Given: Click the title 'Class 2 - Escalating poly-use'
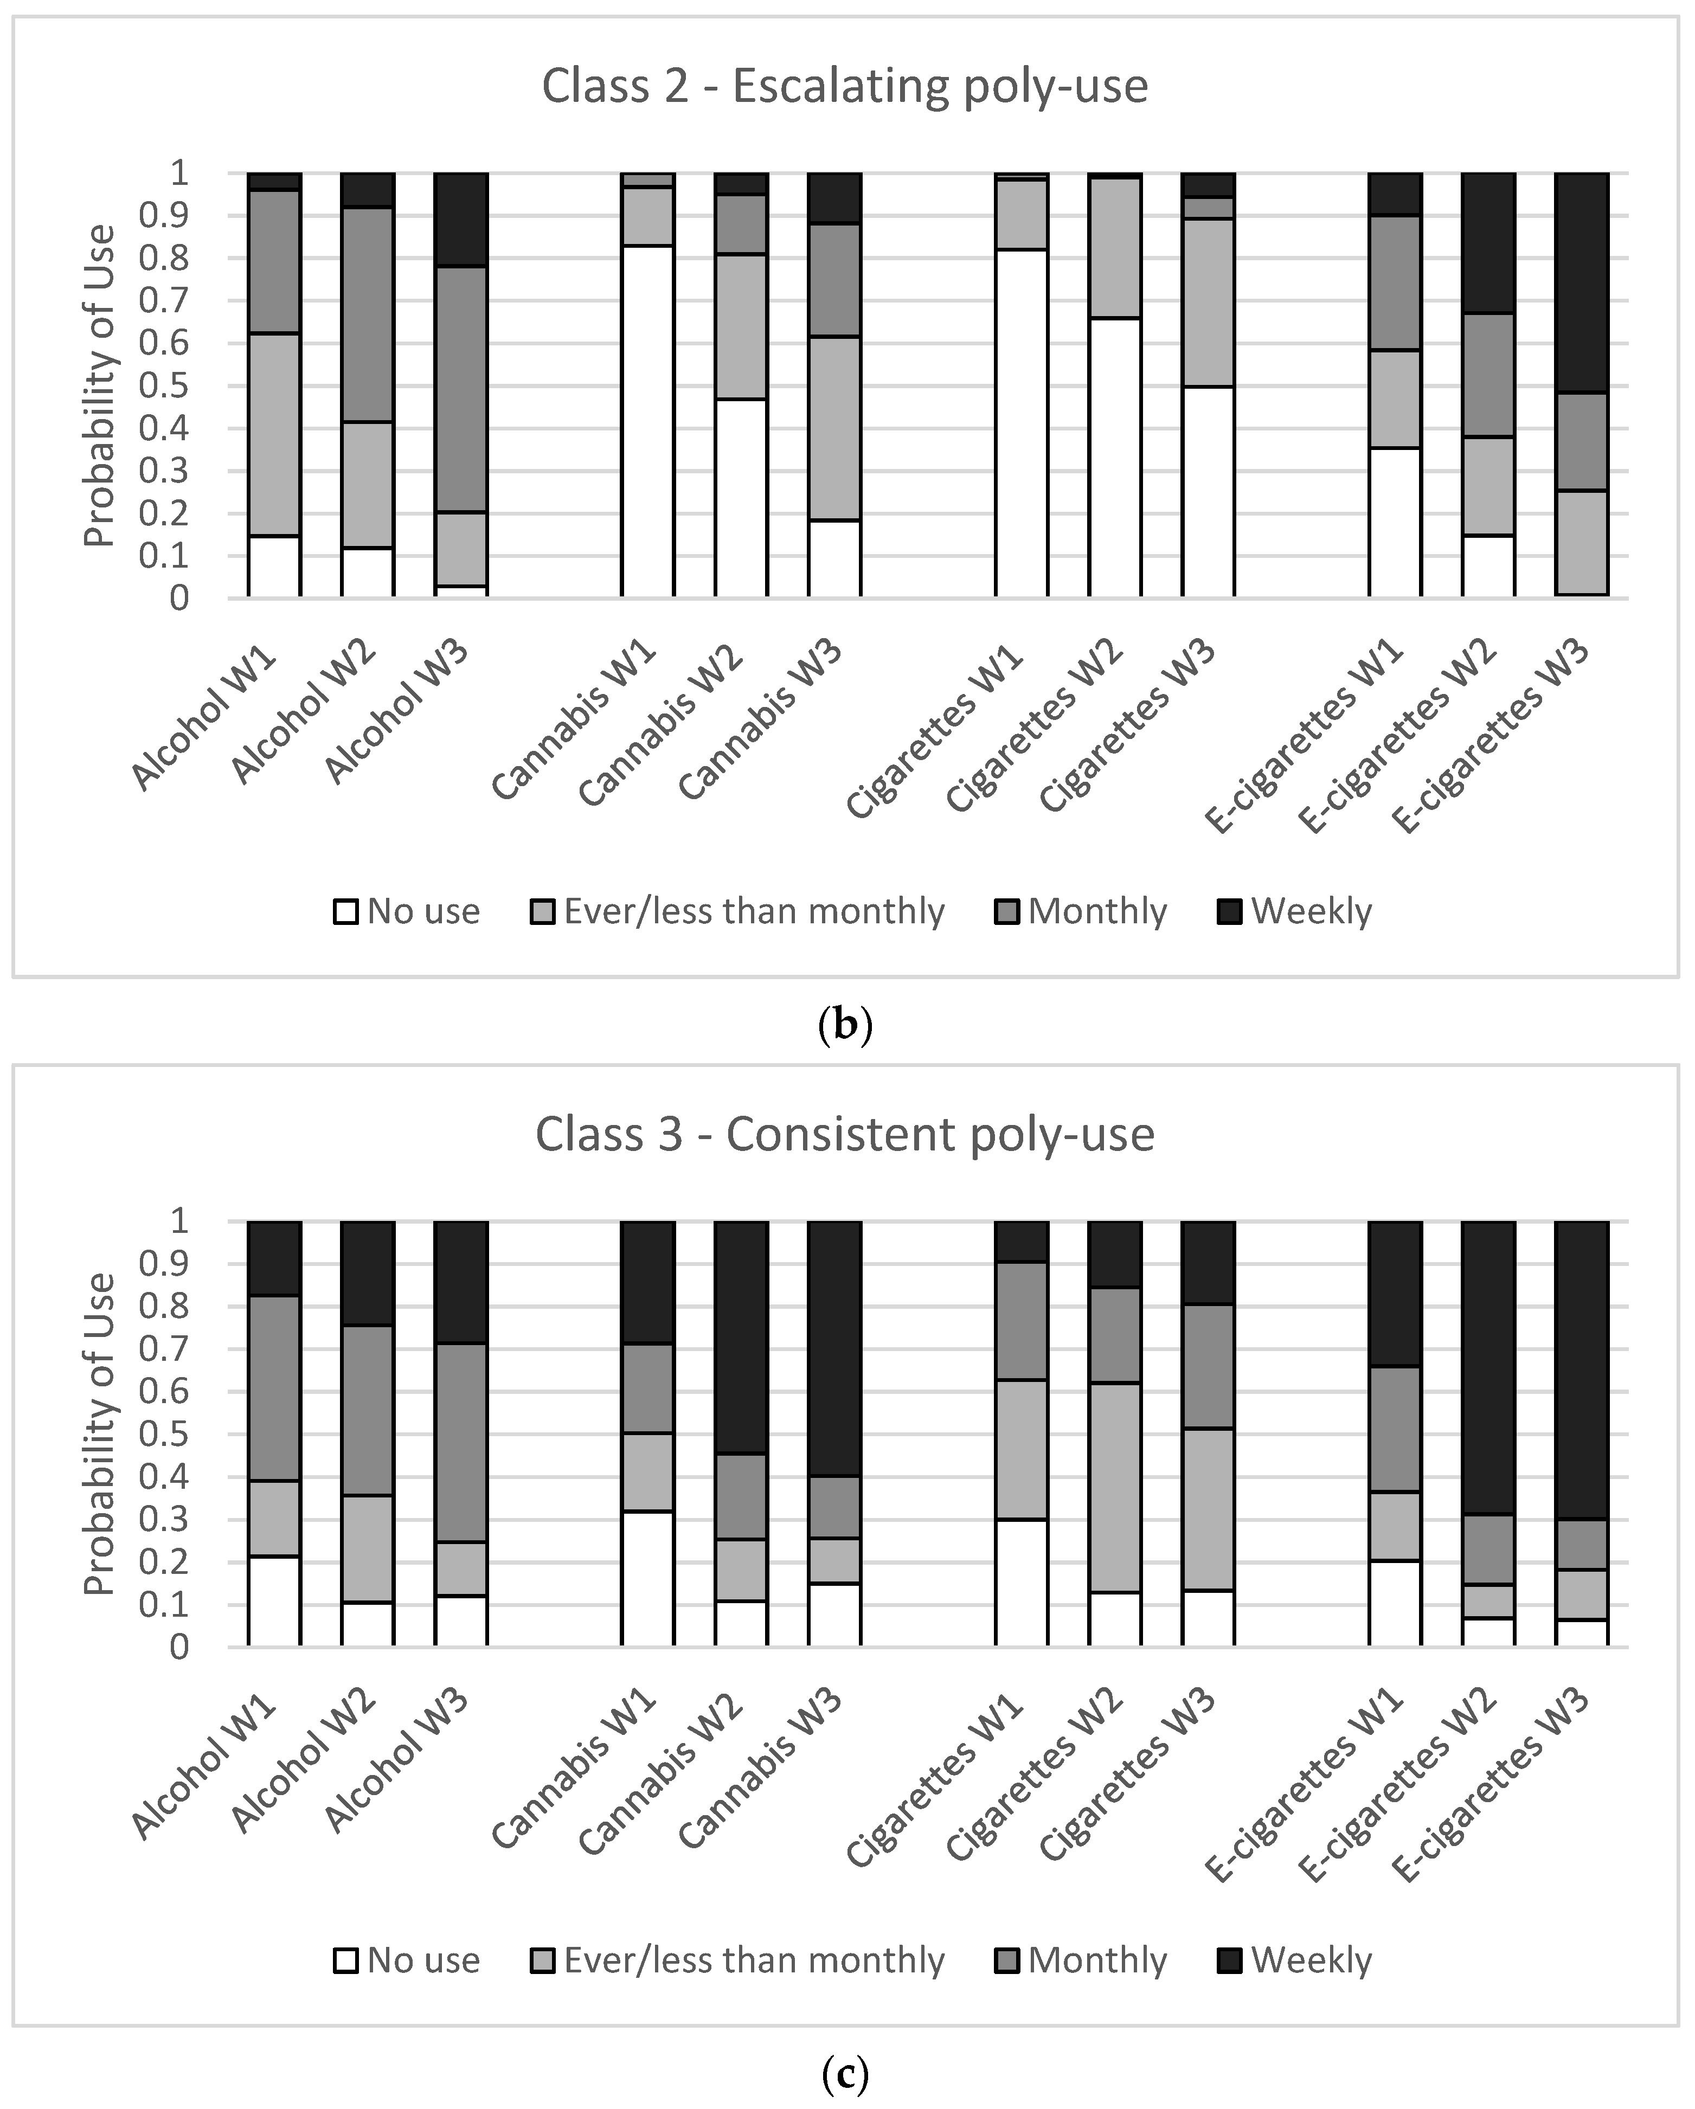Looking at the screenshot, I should [844, 86].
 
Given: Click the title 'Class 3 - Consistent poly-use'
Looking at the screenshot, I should [844, 1135].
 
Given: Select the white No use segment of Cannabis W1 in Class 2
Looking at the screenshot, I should [647, 421].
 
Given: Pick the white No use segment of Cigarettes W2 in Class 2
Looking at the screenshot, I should [1114, 457].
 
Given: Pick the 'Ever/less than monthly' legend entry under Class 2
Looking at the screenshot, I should [739, 912].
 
